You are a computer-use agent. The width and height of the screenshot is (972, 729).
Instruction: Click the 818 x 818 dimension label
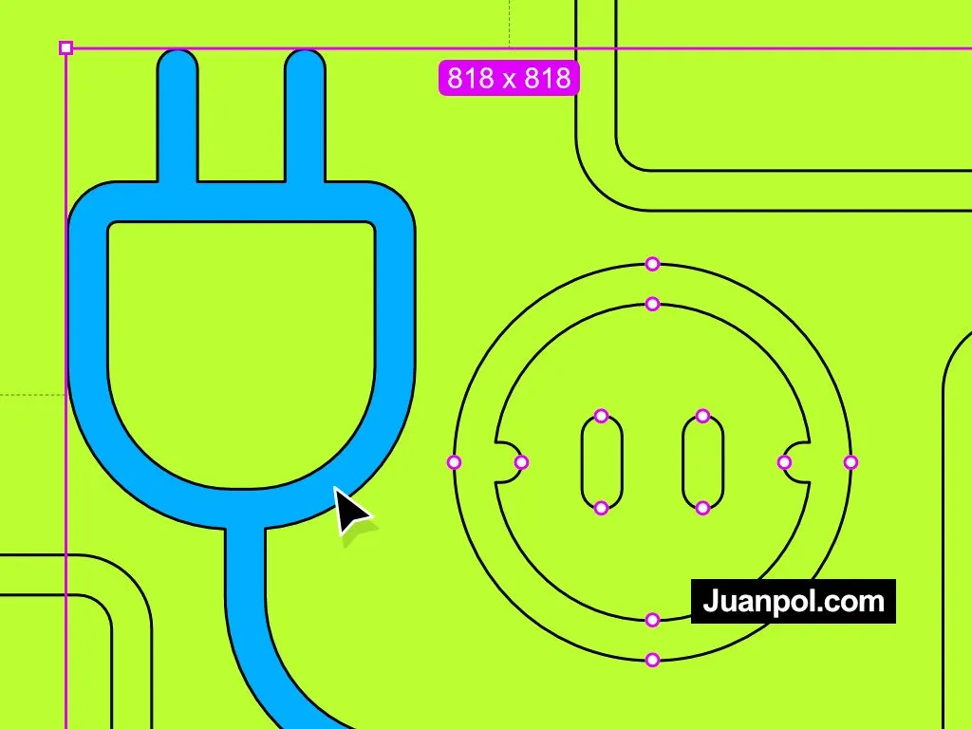click(509, 78)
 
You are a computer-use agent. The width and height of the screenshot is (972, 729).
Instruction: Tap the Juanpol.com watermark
click(794, 601)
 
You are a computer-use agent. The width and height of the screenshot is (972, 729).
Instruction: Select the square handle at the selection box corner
click(65, 47)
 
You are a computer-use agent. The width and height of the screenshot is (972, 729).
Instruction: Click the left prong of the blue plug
click(178, 116)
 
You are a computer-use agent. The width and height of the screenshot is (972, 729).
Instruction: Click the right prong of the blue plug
click(305, 116)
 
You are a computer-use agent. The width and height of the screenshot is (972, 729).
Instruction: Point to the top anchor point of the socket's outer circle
click(652, 264)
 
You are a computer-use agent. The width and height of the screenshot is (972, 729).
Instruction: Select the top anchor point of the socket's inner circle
click(652, 304)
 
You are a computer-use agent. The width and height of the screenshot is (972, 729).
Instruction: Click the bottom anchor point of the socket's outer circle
click(652, 660)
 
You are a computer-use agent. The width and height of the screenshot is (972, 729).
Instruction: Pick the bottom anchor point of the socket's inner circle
click(652, 619)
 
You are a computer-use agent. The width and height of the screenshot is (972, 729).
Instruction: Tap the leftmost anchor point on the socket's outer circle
click(455, 462)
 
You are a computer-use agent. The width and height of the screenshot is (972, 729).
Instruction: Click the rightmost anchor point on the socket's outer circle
click(850, 462)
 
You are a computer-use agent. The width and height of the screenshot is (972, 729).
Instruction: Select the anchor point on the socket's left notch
click(521, 462)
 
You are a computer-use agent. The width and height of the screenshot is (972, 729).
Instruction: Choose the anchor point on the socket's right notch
click(784, 462)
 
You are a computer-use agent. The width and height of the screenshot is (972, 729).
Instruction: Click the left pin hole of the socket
click(601, 462)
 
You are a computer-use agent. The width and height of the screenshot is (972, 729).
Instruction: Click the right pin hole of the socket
click(702, 462)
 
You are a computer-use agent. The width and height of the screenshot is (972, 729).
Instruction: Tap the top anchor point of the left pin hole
click(601, 416)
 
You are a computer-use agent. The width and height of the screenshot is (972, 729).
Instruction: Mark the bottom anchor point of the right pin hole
click(702, 509)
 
